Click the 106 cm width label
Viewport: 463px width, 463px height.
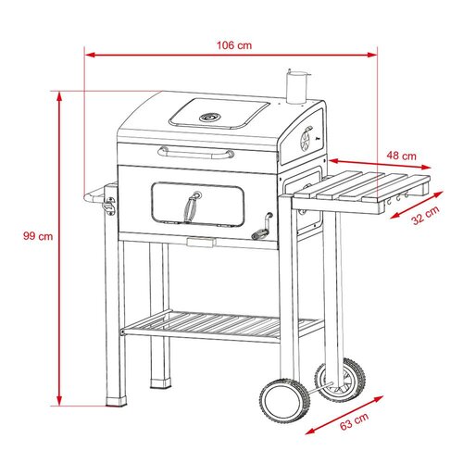(234, 45)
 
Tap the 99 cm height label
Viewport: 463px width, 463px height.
(38, 236)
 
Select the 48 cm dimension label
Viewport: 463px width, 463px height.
(401, 156)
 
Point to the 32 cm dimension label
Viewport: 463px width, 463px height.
(426, 215)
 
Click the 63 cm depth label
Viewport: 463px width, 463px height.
(354, 421)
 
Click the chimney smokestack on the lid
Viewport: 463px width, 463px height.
(297, 87)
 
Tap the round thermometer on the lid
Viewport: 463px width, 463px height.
(210, 118)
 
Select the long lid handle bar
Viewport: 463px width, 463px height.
(196, 153)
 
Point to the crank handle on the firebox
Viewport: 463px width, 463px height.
(262, 228)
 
